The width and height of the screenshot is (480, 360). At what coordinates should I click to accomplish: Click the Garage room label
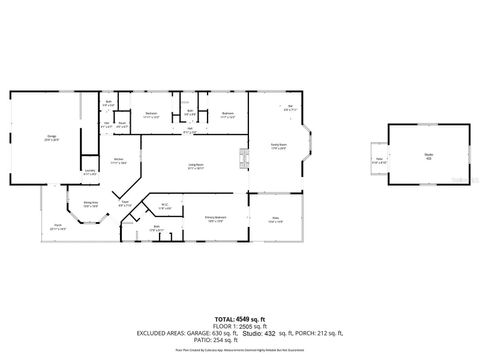click(x=50, y=137)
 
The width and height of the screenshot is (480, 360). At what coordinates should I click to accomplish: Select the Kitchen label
click(x=118, y=160)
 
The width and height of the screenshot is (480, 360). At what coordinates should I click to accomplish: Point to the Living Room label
click(x=195, y=167)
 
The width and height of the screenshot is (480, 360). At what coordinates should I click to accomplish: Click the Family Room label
click(x=278, y=146)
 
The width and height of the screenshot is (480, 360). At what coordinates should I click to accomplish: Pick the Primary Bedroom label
click(x=214, y=218)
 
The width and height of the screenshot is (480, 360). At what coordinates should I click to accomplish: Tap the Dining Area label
click(x=90, y=204)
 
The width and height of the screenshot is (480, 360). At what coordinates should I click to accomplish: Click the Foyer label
click(x=125, y=204)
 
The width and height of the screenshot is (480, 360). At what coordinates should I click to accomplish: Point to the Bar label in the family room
click(x=290, y=108)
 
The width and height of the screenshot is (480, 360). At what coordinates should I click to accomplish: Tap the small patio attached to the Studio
click(x=380, y=160)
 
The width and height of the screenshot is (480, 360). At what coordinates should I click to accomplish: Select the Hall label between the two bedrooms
click(x=189, y=129)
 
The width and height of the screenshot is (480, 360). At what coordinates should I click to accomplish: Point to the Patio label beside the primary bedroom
click(x=276, y=220)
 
